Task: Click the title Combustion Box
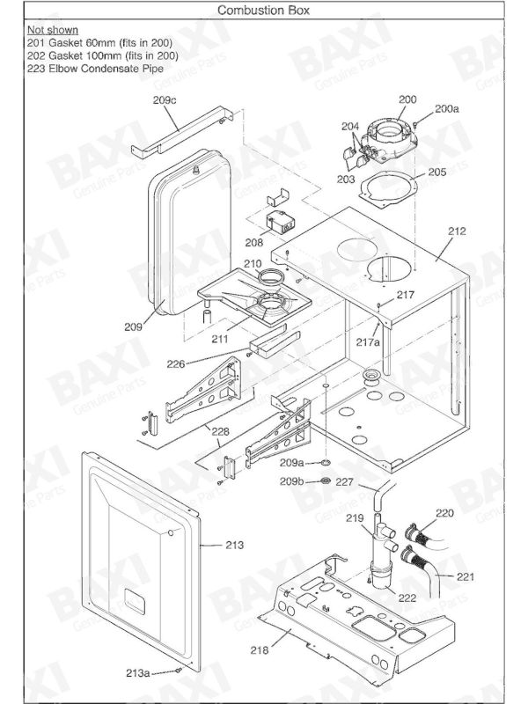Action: click(x=263, y=10)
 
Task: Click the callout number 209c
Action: click(x=165, y=101)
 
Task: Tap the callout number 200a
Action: click(x=446, y=109)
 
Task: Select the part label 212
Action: click(x=456, y=232)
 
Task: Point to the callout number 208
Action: click(x=254, y=241)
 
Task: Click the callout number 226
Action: click(x=201, y=363)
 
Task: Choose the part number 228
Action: click(x=219, y=431)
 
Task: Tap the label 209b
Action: click(x=292, y=481)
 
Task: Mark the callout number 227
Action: click(x=344, y=481)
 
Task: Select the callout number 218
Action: click(x=259, y=650)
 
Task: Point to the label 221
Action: click(x=466, y=577)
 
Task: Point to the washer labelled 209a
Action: click(x=325, y=461)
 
